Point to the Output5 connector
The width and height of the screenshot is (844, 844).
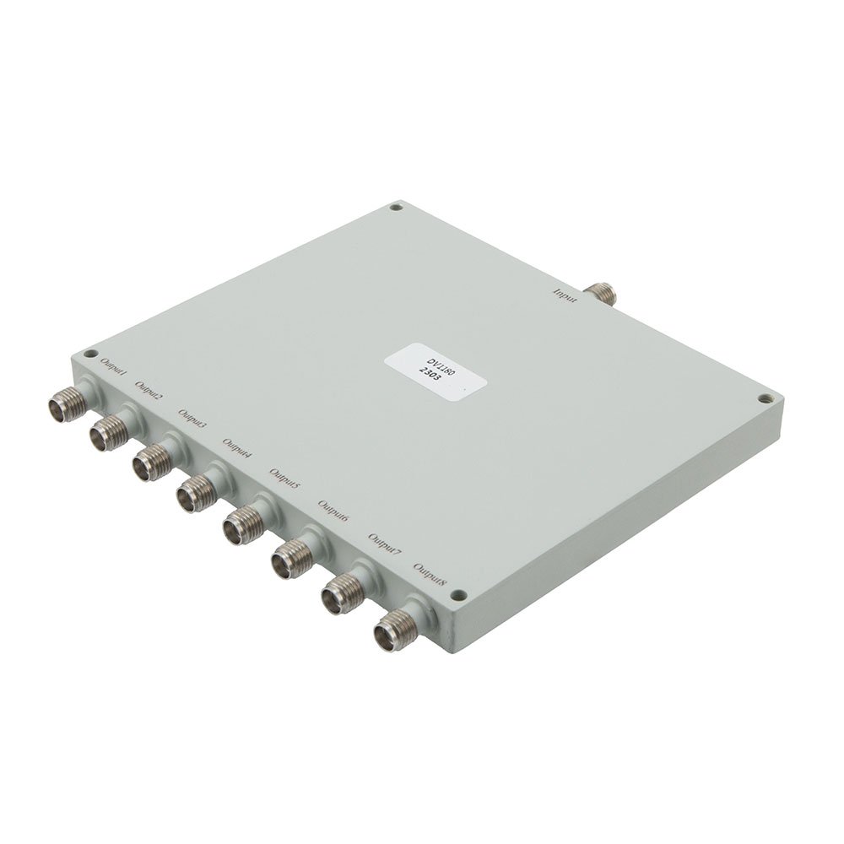point(242,523)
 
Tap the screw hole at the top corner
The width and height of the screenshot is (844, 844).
point(394,204)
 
